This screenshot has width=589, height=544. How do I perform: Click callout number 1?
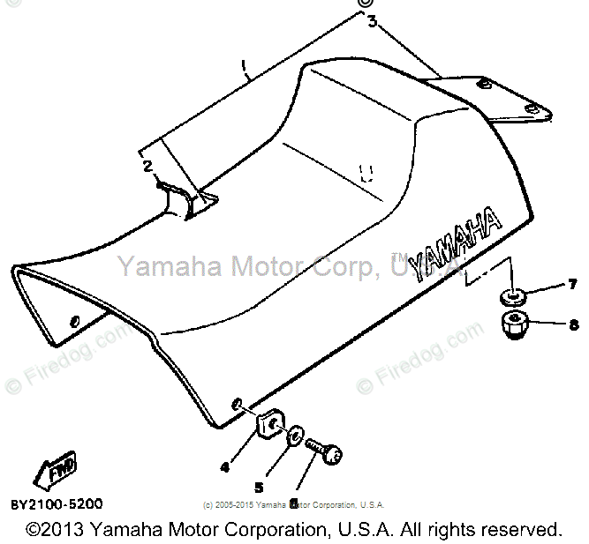click(245, 69)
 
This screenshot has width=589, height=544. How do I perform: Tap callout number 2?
click(147, 165)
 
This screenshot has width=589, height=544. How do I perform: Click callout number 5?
click(259, 486)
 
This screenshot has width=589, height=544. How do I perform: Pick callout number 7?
click(571, 284)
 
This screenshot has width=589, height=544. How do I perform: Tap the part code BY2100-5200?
click(57, 504)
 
